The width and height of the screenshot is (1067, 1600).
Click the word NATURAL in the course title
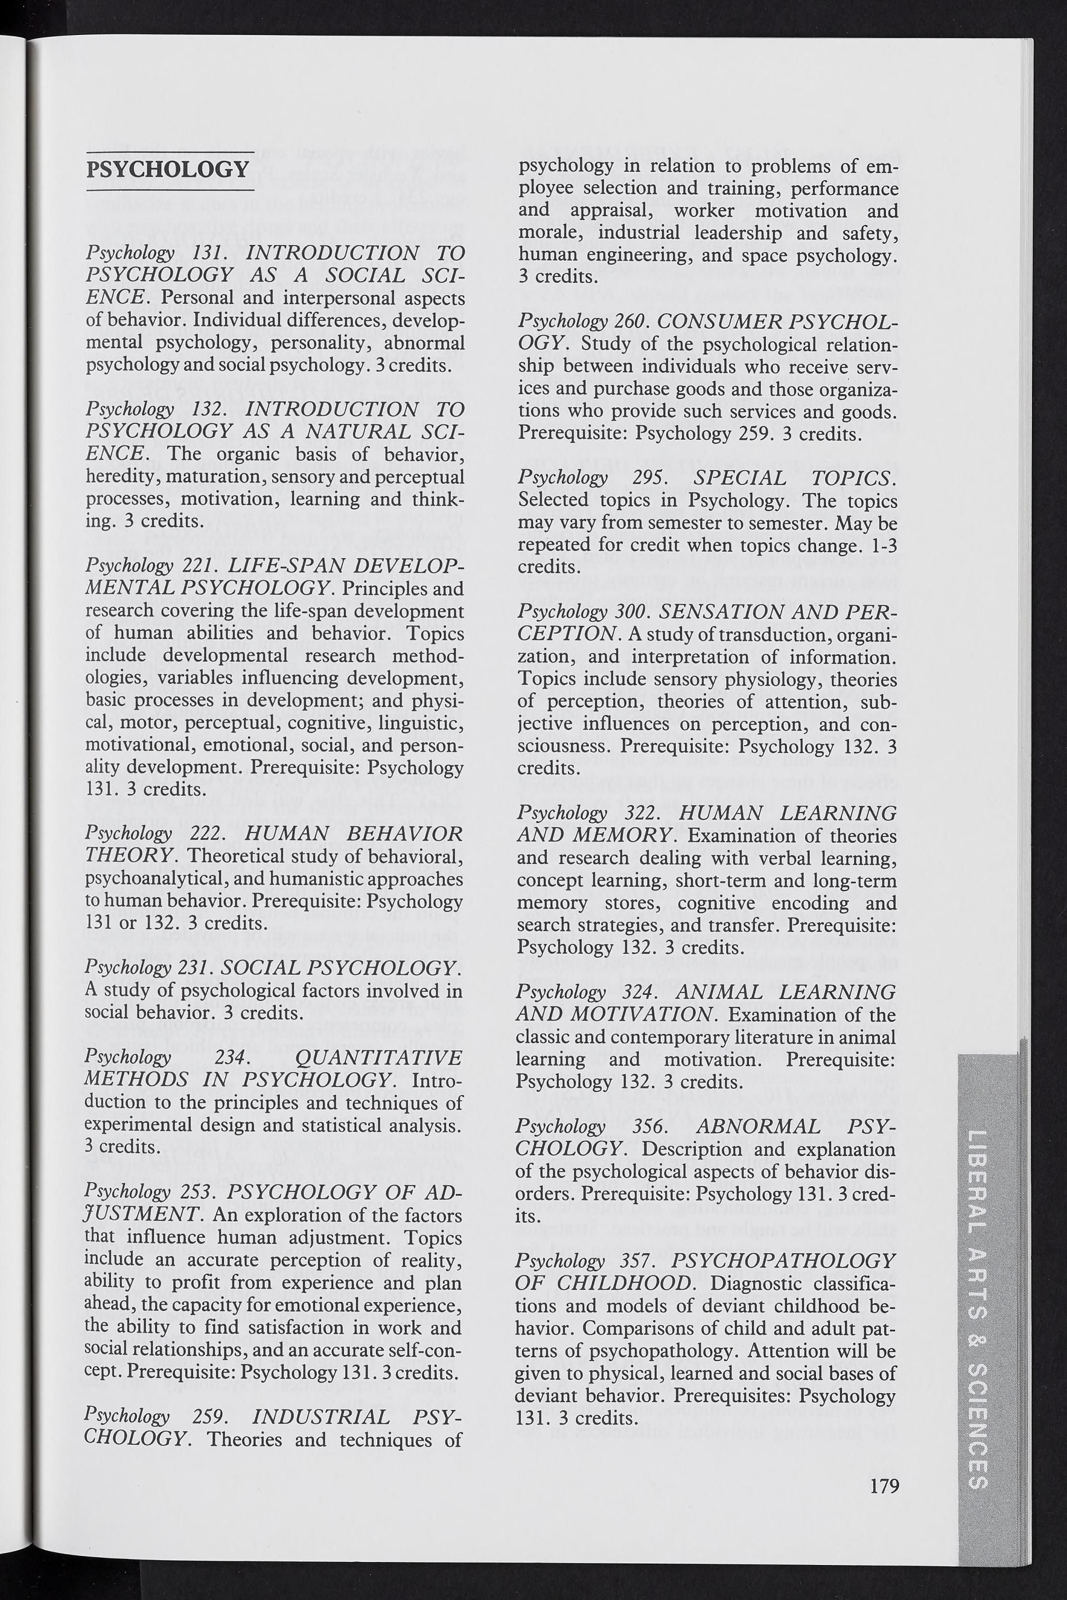click(x=359, y=431)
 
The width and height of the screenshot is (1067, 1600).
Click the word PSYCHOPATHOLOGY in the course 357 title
click(x=783, y=1261)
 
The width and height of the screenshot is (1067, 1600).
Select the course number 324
click(x=644, y=992)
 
